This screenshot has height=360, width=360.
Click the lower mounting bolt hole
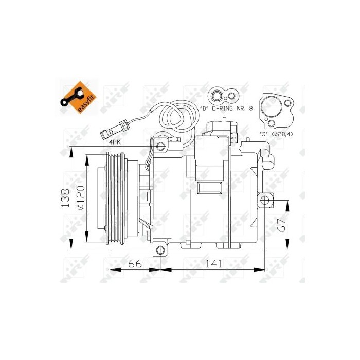tap(160, 250)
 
